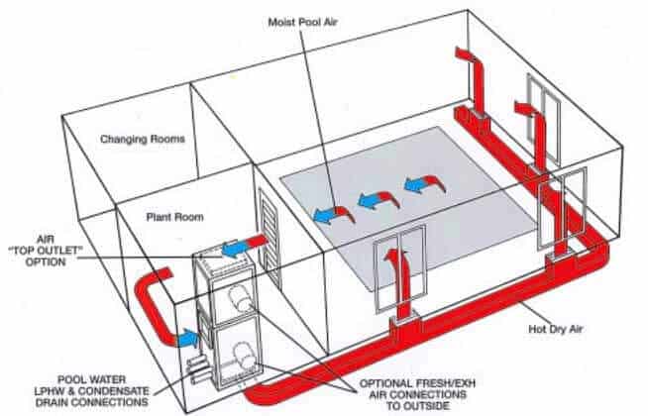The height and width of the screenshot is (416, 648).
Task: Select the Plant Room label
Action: (174, 214)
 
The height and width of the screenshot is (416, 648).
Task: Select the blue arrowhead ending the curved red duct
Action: (185, 339)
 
